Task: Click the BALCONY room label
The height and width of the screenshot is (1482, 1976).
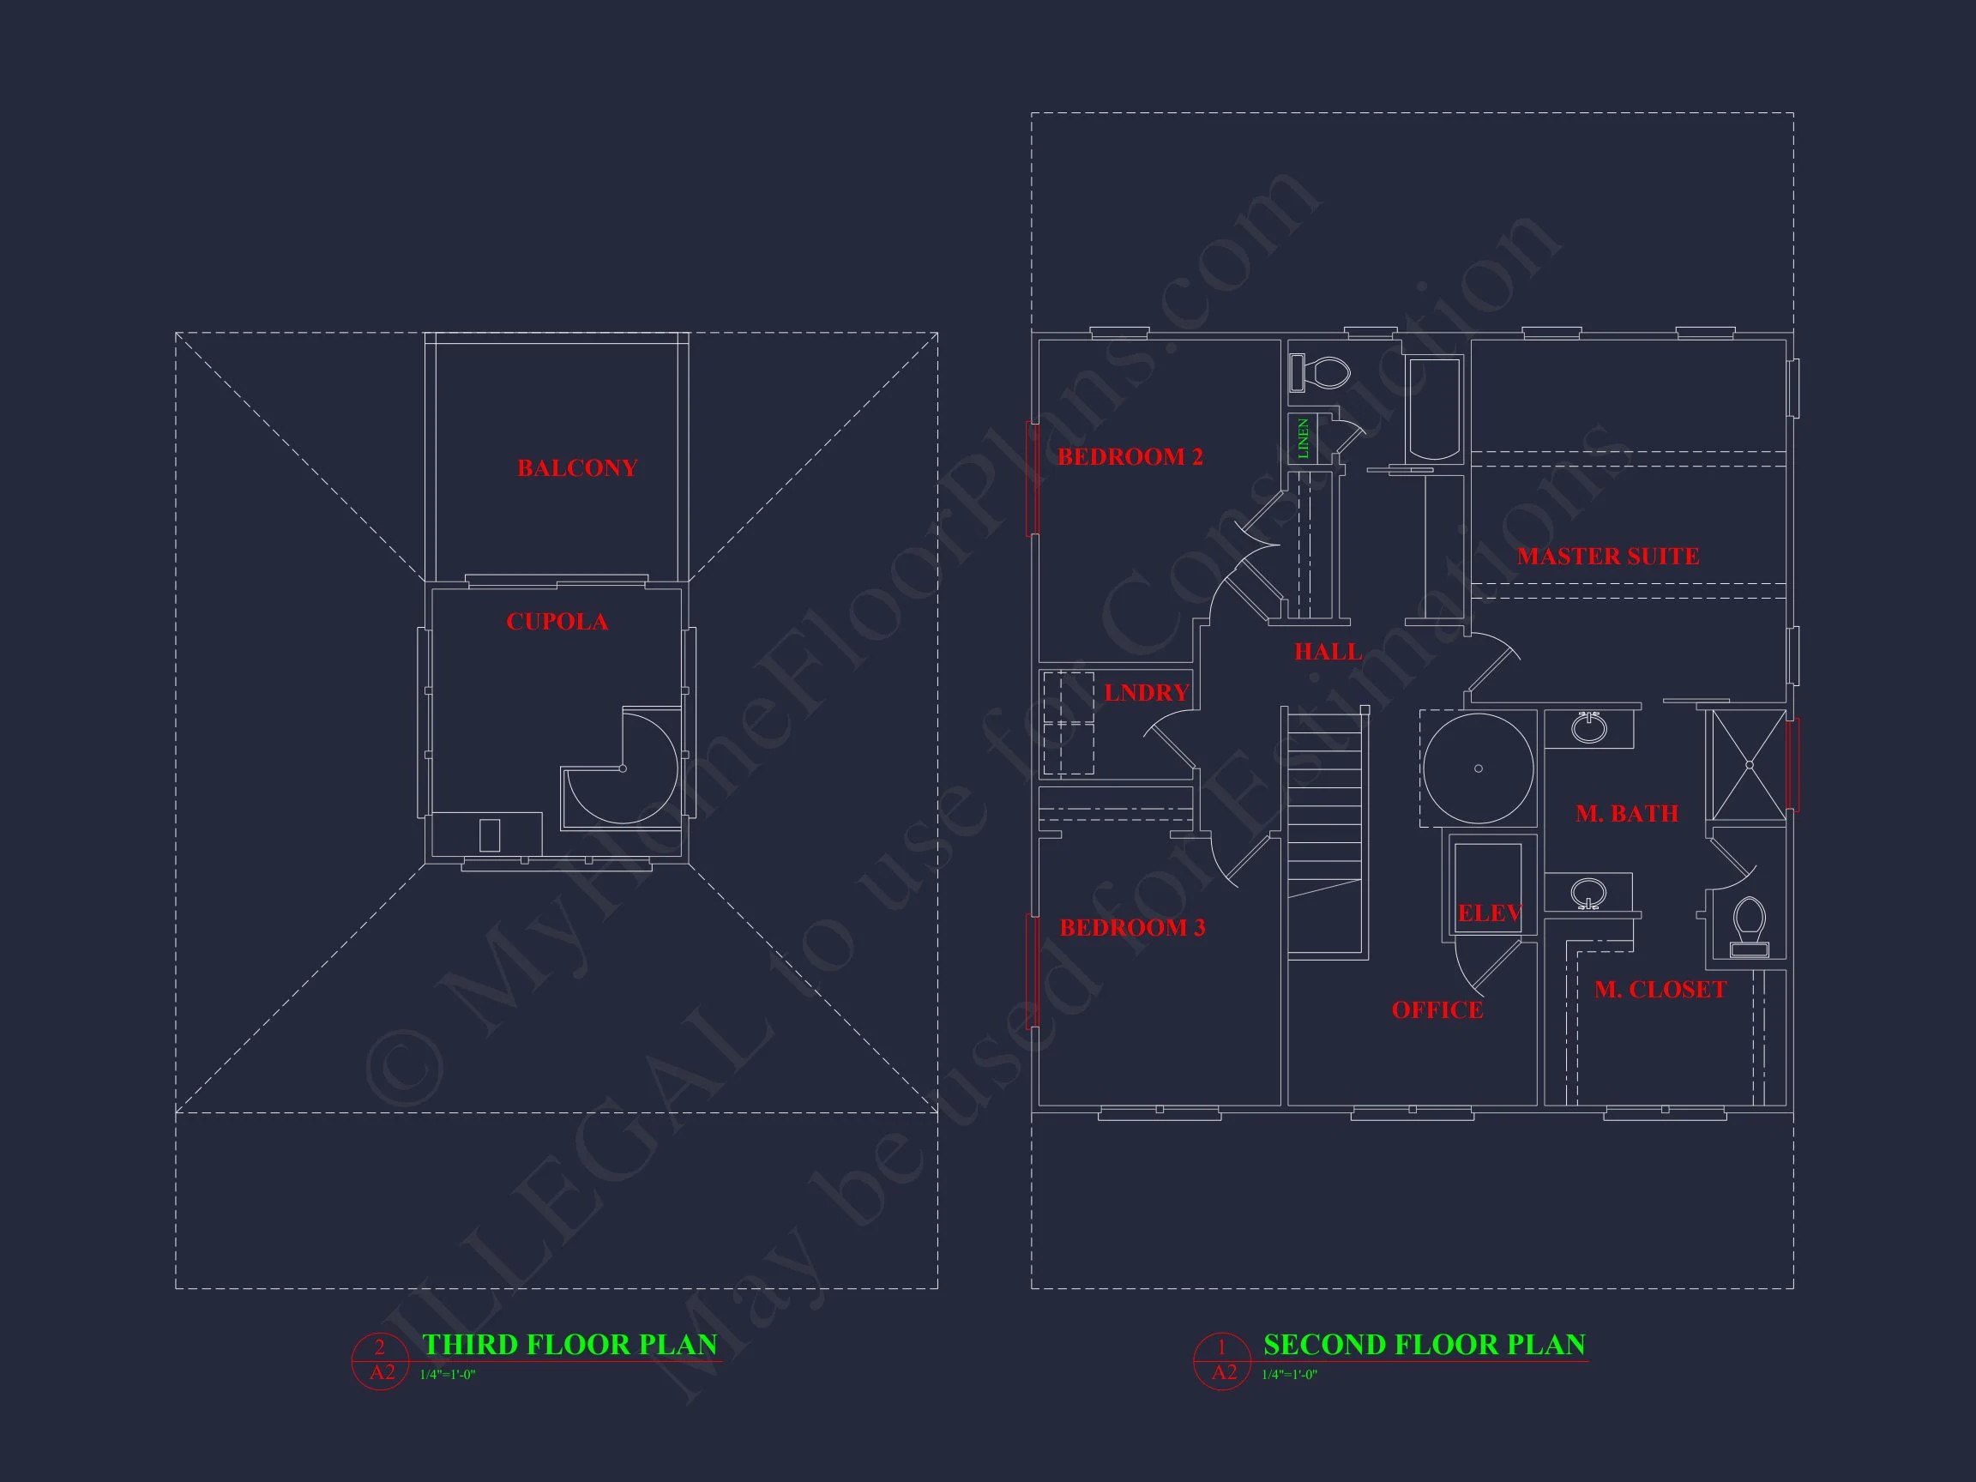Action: coord(577,468)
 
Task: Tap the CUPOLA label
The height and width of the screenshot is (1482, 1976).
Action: coord(557,622)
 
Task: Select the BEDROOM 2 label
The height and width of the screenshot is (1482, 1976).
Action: coord(1130,456)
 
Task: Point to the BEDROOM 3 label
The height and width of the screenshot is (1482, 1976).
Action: coord(1132,927)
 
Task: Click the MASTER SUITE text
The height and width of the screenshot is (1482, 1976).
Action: coord(1608,556)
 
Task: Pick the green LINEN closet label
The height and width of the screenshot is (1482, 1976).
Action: coord(1303,438)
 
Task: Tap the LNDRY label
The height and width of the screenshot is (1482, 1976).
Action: coord(1146,692)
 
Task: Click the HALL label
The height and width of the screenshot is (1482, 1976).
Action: coord(1328,652)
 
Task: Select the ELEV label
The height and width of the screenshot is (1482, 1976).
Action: coord(1490,913)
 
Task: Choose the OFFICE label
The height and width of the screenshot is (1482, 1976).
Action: coord(1437,1009)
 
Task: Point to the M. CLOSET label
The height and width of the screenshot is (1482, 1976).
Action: coord(1660,989)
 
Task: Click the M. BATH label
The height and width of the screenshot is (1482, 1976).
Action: coord(1627,813)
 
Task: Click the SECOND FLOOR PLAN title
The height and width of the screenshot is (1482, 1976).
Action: coord(1424,1345)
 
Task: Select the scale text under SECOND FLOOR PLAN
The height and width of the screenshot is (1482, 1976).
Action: coord(1289,1375)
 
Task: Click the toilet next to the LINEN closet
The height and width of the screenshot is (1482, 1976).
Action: coord(1319,372)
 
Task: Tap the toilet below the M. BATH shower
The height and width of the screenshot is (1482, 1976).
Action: coord(1749,926)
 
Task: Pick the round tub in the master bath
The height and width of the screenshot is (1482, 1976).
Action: coord(1479,768)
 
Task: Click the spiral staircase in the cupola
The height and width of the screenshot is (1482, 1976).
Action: coord(622,768)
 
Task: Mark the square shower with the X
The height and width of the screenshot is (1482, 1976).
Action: coord(1749,765)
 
